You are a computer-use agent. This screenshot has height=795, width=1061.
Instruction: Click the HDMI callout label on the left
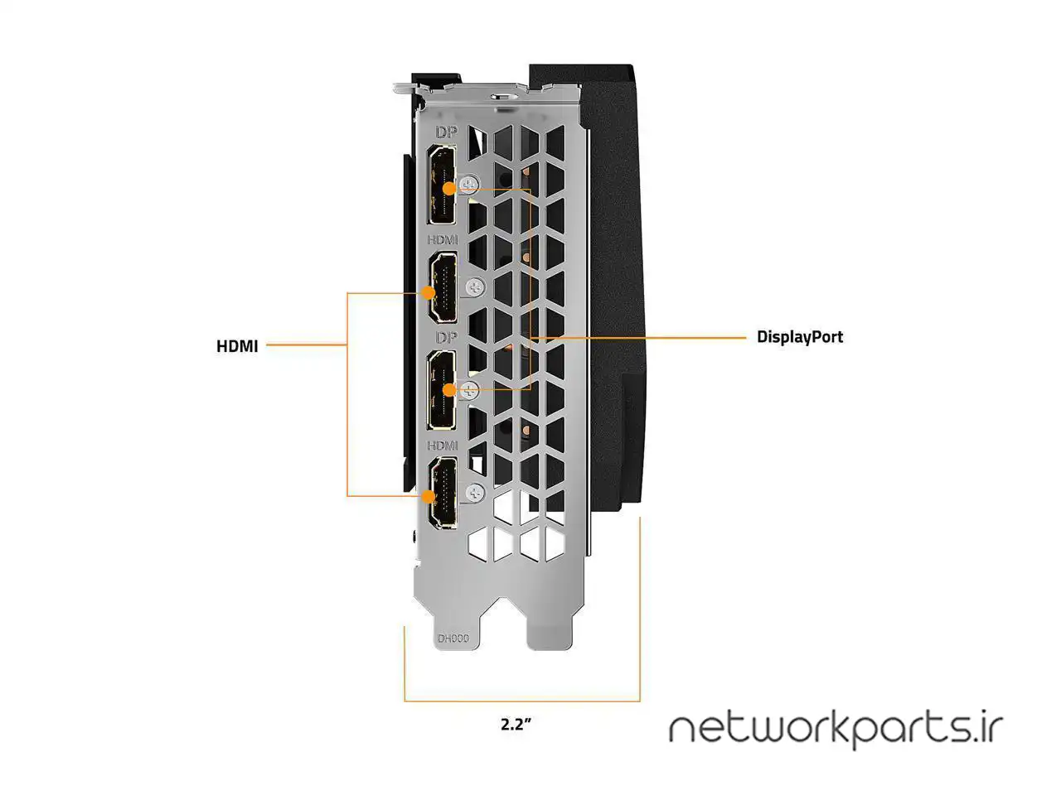237,346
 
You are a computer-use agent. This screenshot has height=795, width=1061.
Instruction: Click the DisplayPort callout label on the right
800,337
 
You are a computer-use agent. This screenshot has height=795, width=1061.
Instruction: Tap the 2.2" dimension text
515,724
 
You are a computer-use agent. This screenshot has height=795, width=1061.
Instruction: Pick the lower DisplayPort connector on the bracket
442,389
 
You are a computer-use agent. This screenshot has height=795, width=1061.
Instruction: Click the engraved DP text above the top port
446,132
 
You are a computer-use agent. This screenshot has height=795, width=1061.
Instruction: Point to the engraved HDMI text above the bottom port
443,446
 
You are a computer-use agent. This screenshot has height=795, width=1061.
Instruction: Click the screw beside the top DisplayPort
471,184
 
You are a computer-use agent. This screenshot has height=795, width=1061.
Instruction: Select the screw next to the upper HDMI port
475,287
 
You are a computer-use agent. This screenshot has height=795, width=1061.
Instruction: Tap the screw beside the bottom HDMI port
475,492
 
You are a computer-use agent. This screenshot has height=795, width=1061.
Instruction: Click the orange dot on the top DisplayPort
448,189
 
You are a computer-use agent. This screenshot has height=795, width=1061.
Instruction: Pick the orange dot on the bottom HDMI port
429,497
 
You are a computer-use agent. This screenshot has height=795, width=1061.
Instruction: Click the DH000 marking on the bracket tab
453,638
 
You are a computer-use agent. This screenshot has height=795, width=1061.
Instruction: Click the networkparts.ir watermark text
836,729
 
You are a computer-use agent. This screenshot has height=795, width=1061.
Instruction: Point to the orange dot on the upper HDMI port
429,292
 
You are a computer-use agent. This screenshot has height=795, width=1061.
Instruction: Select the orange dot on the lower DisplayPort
448,389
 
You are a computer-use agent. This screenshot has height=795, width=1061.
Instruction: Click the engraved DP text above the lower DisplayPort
446,338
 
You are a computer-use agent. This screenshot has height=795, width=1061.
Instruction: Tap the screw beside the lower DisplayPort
470,390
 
